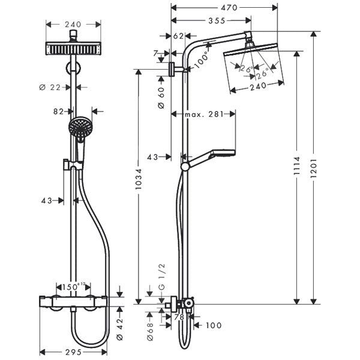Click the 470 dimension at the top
click(225, 8)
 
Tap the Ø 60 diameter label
click(161, 97)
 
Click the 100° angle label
click(202, 59)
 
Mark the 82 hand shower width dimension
click(59, 112)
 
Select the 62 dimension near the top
click(179, 36)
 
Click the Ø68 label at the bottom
click(151, 328)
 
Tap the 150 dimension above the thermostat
click(71, 287)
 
